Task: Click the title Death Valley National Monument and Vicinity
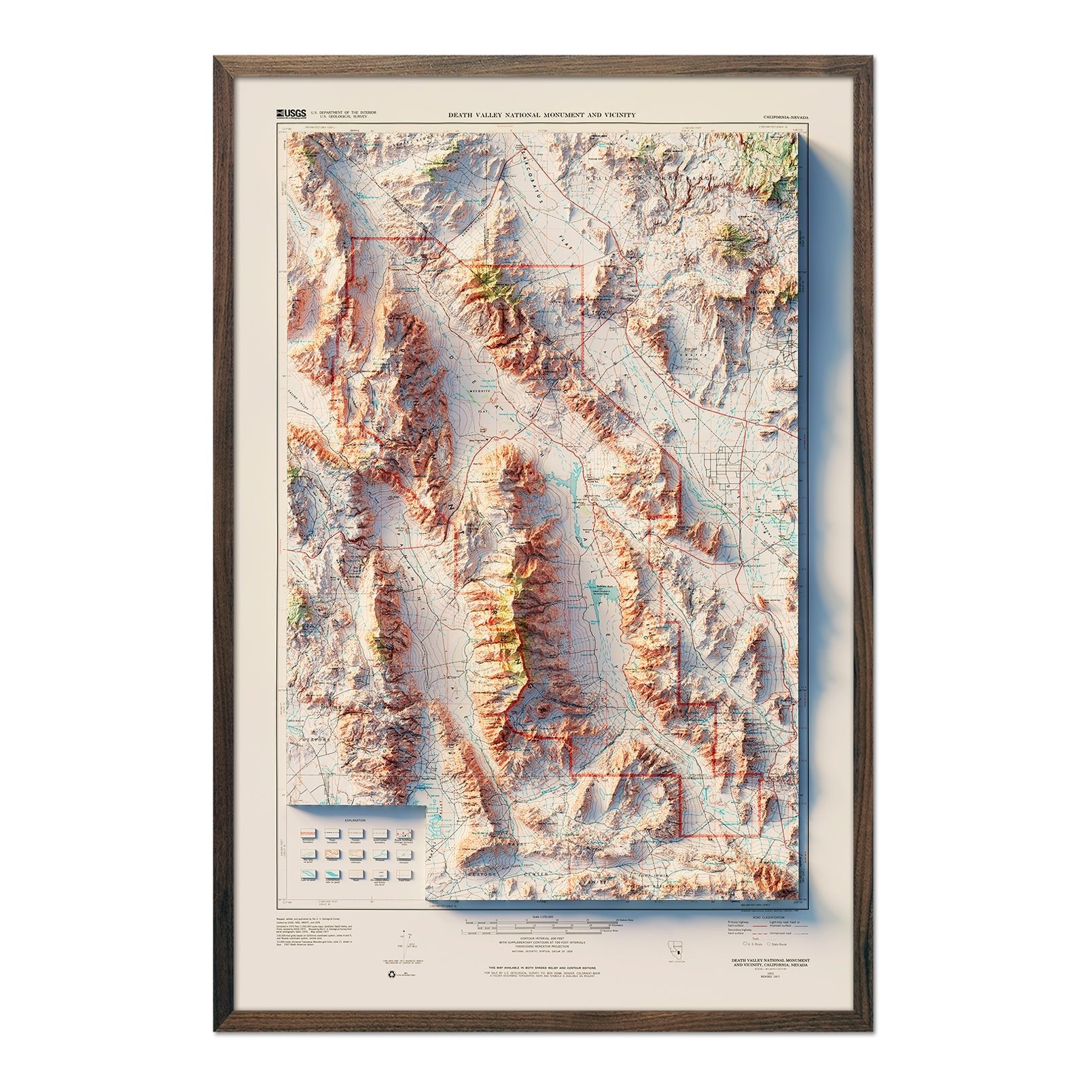pyautogui.click(x=541, y=115)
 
